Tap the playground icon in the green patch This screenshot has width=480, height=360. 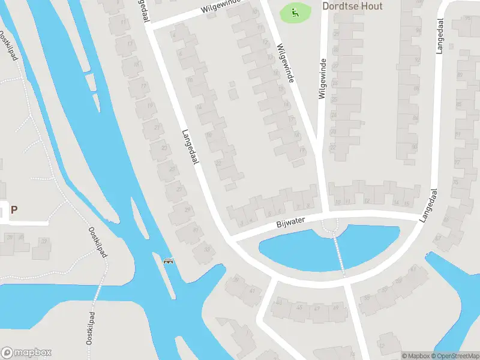[295, 11]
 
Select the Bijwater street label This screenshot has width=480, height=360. [291, 223]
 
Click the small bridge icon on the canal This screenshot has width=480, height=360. [169, 261]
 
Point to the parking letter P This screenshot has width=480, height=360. [14, 210]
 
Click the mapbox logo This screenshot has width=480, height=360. [26, 353]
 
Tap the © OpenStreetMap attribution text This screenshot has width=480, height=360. [455, 356]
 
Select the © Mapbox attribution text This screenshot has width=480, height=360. [415, 356]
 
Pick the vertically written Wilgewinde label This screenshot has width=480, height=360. [322, 79]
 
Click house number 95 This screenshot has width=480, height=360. [468, 18]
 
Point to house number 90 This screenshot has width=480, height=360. [414, 146]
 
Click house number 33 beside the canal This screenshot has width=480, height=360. [208, 250]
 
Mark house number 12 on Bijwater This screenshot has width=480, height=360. [367, 201]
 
